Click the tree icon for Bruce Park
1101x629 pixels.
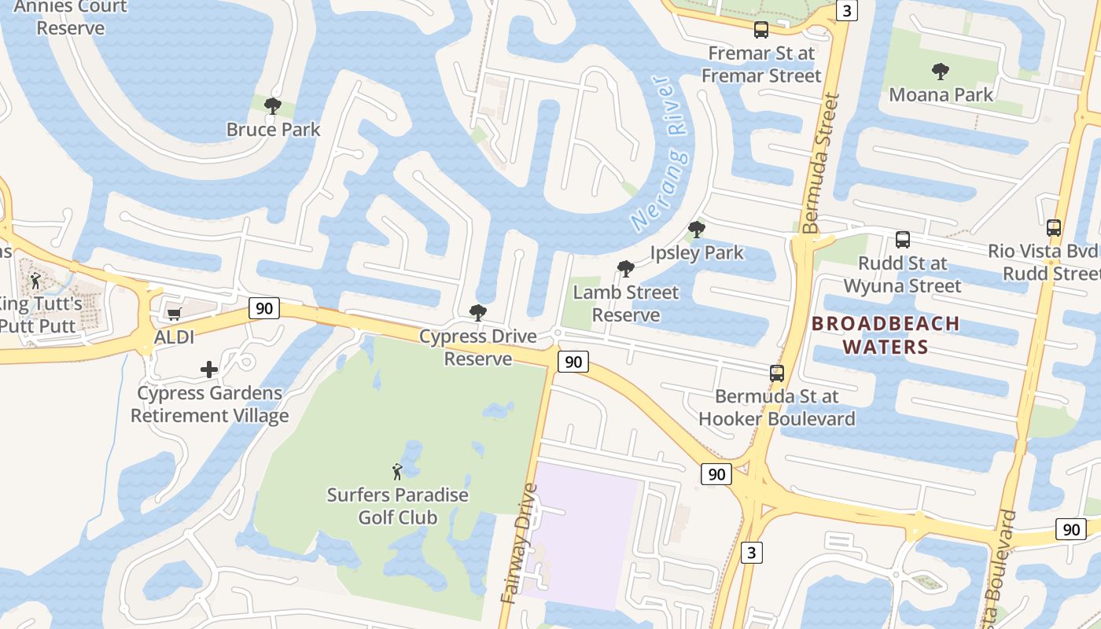pyautogui.click(x=273, y=105)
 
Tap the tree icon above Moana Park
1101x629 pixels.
pyautogui.click(x=940, y=72)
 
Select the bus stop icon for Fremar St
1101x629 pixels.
pyautogui.click(x=760, y=30)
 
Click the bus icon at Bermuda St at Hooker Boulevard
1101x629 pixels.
pyautogui.click(x=777, y=373)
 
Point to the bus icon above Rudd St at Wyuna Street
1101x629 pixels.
pyautogui.click(x=903, y=240)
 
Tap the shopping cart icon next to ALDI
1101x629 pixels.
pyautogui.click(x=174, y=314)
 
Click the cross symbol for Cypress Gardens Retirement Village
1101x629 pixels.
pyautogui.click(x=209, y=369)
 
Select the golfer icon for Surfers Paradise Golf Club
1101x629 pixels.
pyautogui.click(x=397, y=472)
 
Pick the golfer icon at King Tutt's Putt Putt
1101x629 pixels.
pyautogui.click(x=35, y=280)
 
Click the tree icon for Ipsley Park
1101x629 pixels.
pyautogui.click(x=696, y=230)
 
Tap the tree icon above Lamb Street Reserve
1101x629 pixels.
pyautogui.click(x=626, y=269)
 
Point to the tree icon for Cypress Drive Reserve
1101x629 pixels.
pyautogui.click(x=477, y=312)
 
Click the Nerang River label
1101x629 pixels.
pyautogui.click(x=661, y=153)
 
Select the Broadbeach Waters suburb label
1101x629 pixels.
pyautogui.click(x=886, y=335)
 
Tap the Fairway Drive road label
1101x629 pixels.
pyautogui.click(x=520, y=543)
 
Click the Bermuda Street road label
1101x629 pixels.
pyautogui.click(x=822, y=164)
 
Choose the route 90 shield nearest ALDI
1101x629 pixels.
pyautogui.click(x=264, y=308)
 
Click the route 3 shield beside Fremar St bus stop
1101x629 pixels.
pyautogui.click(x=846, y=10)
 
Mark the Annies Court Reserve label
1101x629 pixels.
pyautogui.click(x=71, y=17)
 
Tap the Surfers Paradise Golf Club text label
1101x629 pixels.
pyautogui.click(x=397, y=506)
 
